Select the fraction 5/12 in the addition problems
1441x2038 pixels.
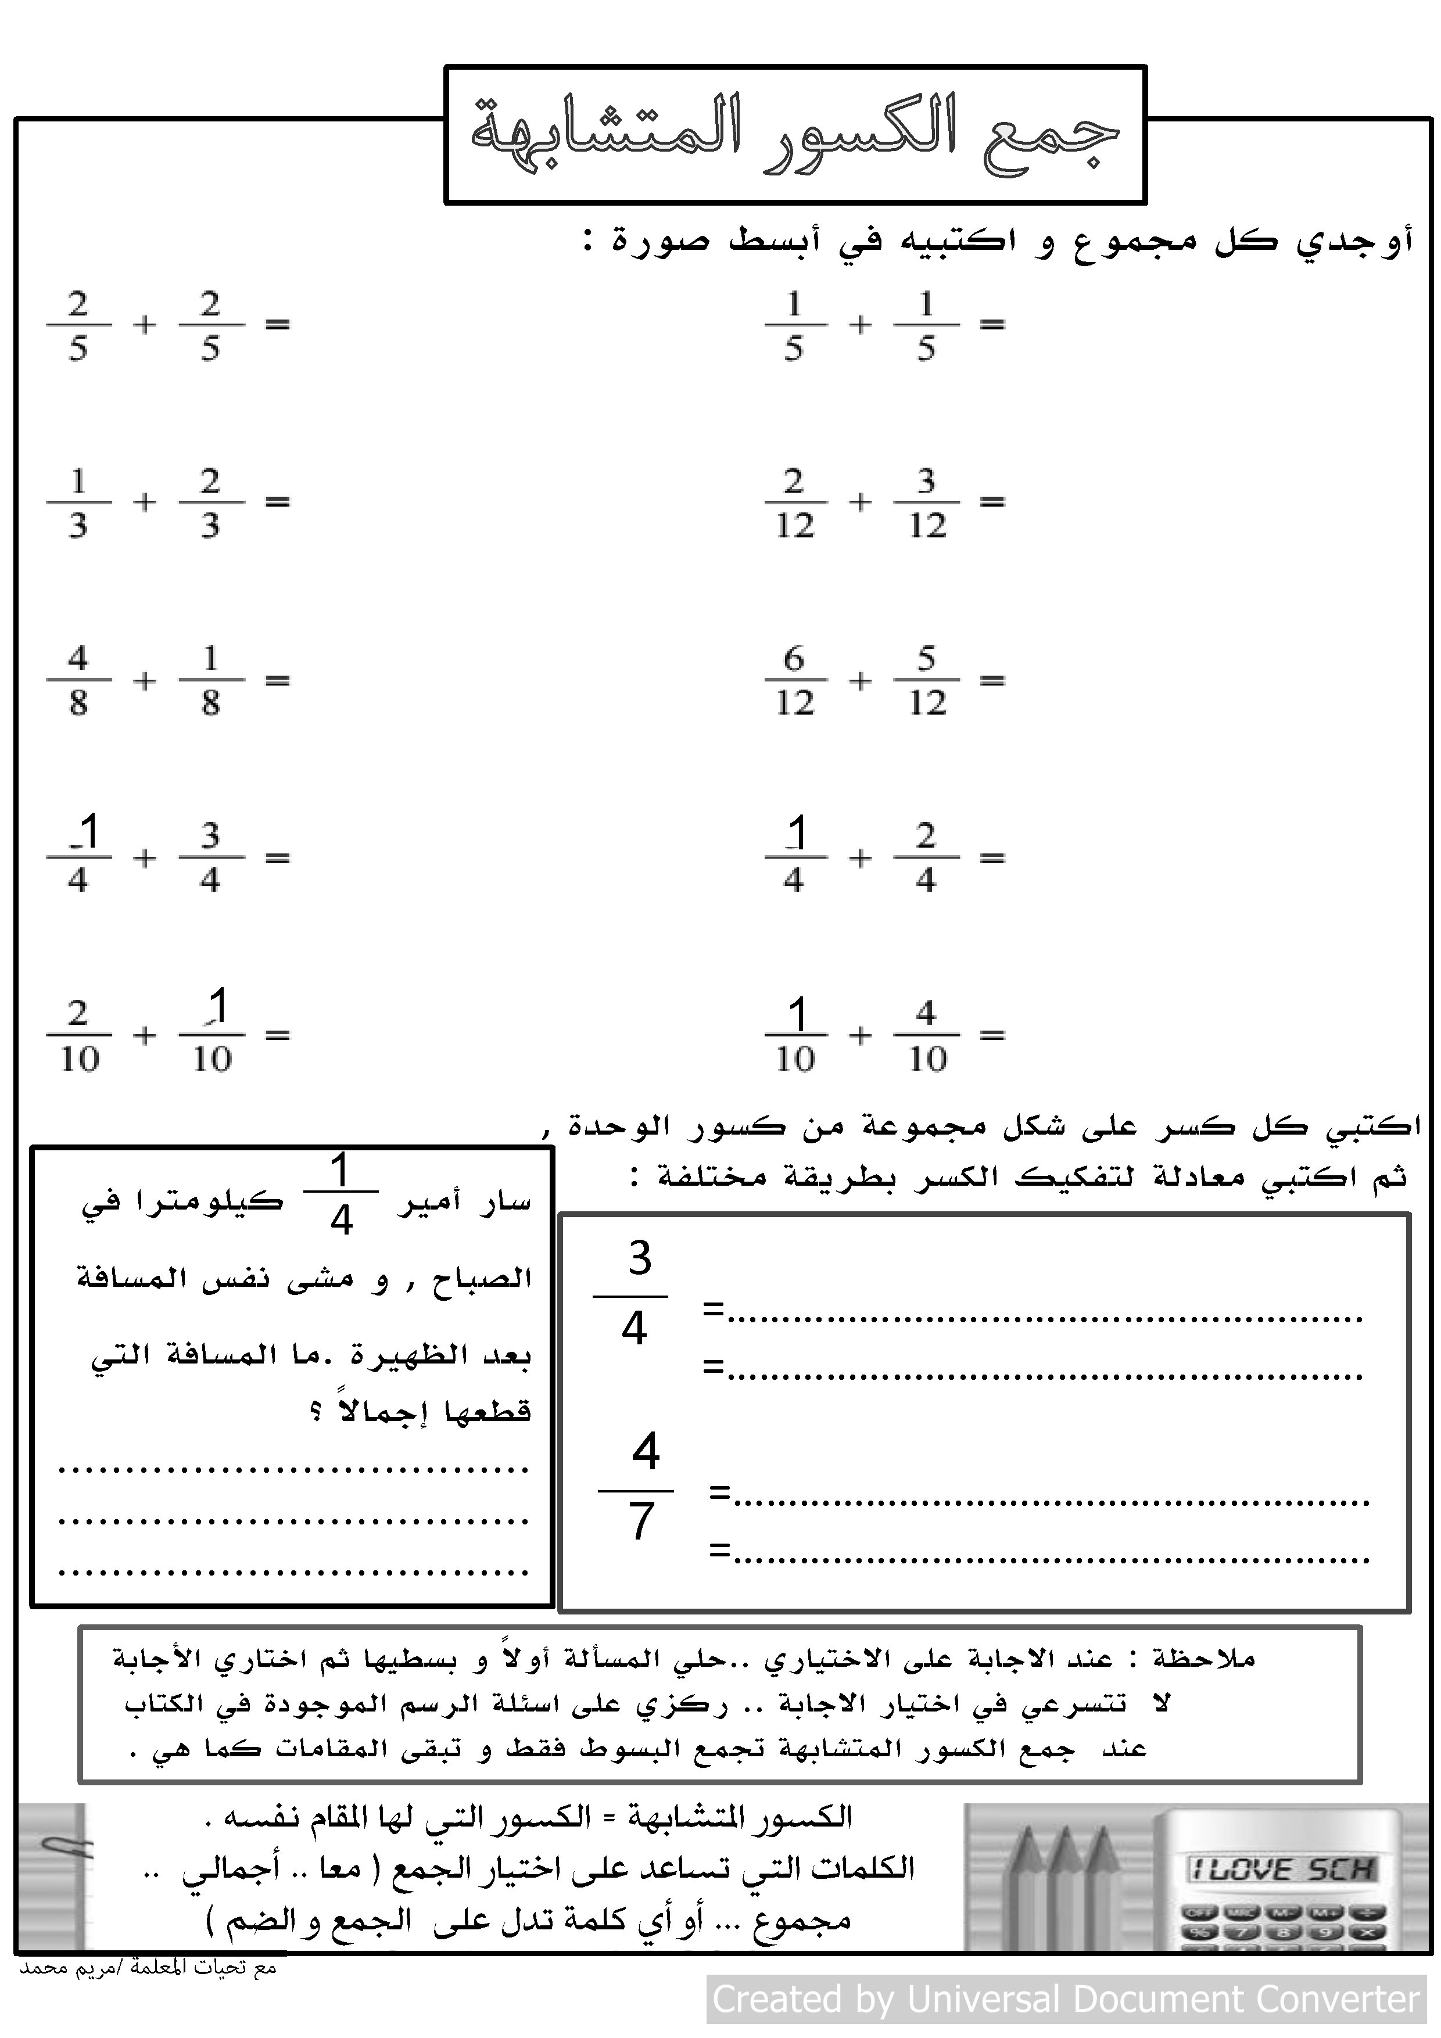926,681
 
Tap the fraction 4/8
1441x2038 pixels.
78,681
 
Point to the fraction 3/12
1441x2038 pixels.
926,503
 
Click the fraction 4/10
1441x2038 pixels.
926,1035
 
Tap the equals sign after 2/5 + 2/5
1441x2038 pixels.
278,326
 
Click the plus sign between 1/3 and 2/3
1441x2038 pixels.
144,503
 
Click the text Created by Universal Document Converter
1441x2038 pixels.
1066,1999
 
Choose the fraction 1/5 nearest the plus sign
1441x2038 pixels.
794,326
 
